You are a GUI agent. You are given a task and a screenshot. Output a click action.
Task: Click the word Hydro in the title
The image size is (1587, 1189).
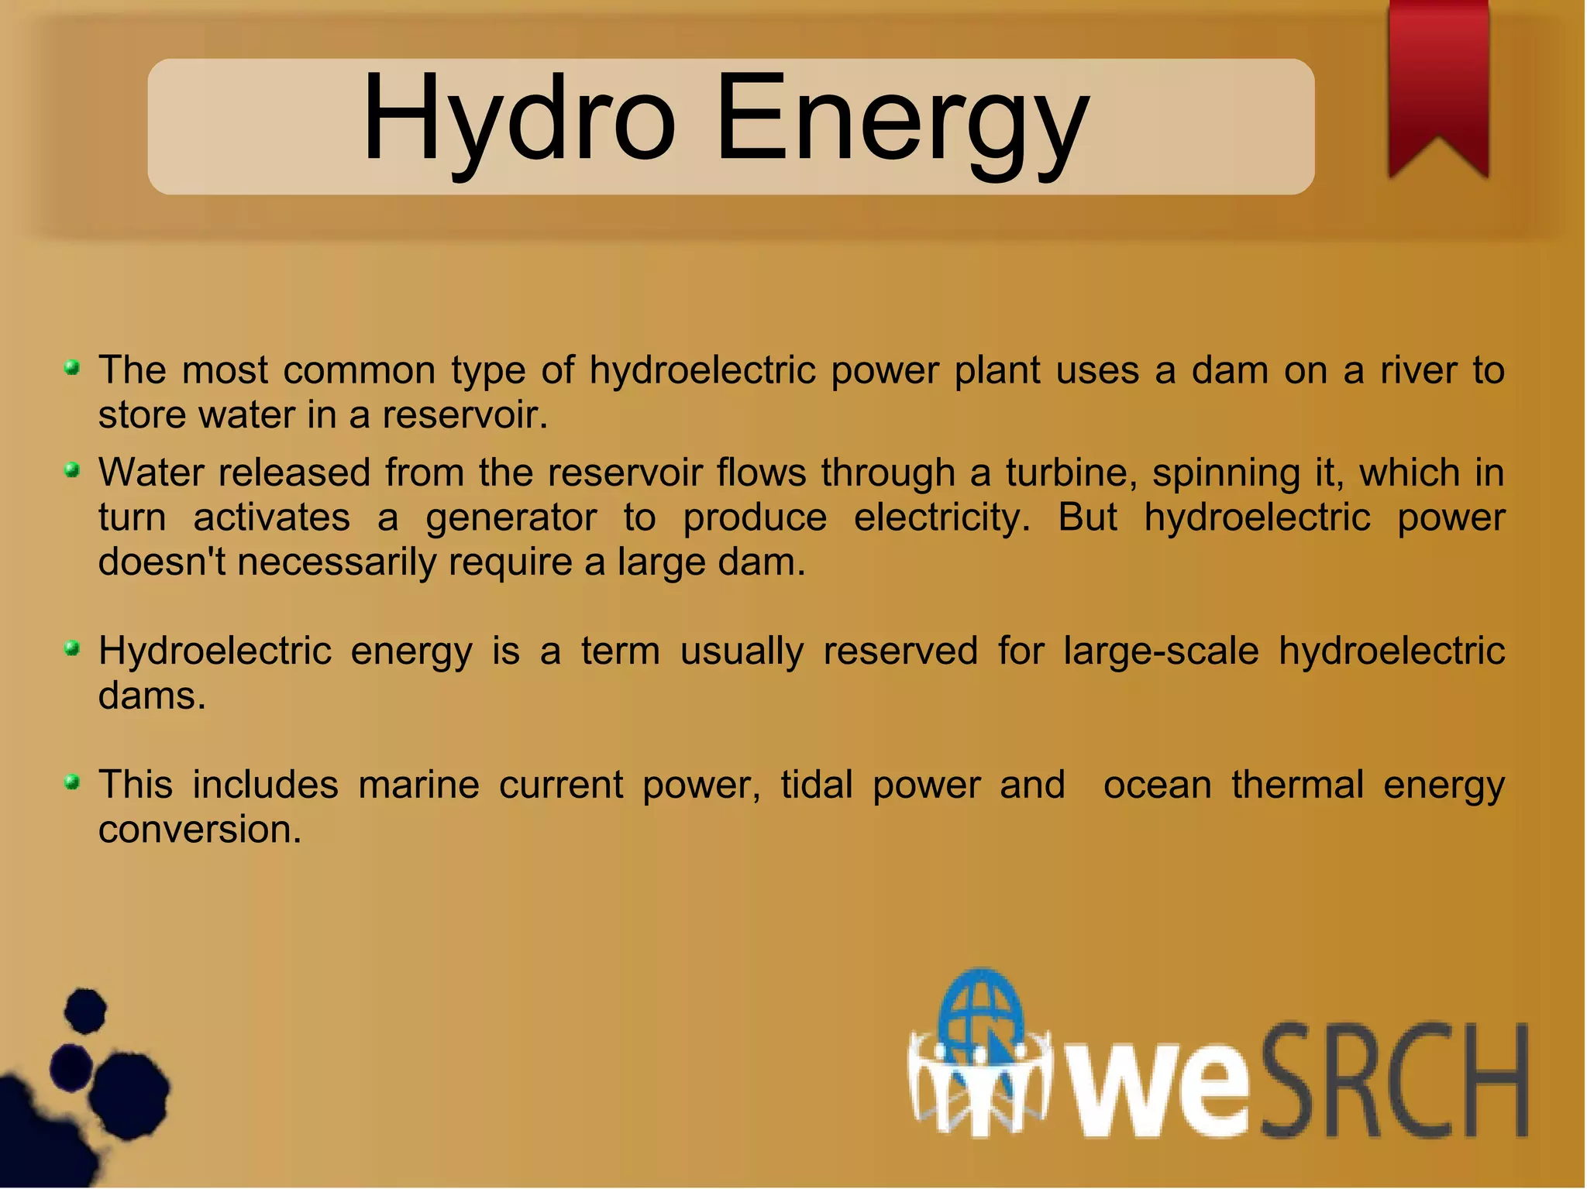(518, 120)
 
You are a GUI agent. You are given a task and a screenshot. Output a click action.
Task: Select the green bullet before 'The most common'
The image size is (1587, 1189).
(72, 368)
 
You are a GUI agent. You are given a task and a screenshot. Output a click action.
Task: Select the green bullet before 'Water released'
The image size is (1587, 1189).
(72, 470)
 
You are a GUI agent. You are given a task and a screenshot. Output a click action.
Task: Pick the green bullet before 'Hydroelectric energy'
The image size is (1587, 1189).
(72, 648)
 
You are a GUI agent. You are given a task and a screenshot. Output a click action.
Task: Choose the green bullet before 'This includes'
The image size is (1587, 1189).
(72, 782)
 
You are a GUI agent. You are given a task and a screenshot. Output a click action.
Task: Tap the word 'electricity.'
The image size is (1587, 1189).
(942, 517)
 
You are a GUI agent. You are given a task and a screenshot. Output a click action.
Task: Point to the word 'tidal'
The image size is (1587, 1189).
(816, 785)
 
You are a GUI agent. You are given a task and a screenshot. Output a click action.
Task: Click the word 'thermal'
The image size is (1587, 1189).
(1297, 785)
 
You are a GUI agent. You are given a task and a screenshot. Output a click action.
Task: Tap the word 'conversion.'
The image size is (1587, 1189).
(199, 830)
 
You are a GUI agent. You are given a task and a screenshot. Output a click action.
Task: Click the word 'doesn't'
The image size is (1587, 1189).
(162, 562)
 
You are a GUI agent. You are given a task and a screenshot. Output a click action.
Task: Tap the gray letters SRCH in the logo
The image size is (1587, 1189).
(1395, 1081)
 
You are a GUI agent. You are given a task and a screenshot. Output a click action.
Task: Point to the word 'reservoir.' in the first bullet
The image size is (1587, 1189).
(465, 416)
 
